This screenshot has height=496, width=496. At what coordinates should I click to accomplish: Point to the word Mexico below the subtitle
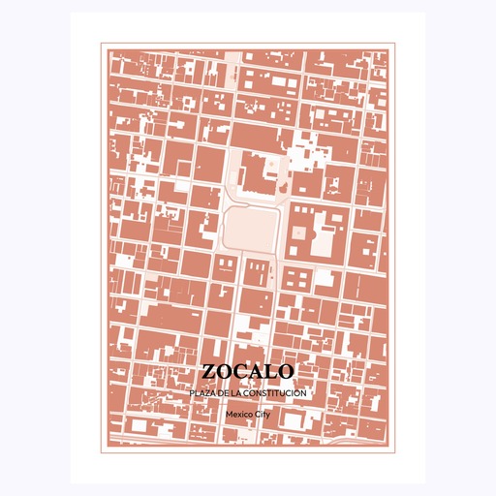point(237,414)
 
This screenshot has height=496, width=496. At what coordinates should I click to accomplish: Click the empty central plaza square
point(252,229)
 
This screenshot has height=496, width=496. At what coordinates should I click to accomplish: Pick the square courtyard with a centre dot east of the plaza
point(300,232)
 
